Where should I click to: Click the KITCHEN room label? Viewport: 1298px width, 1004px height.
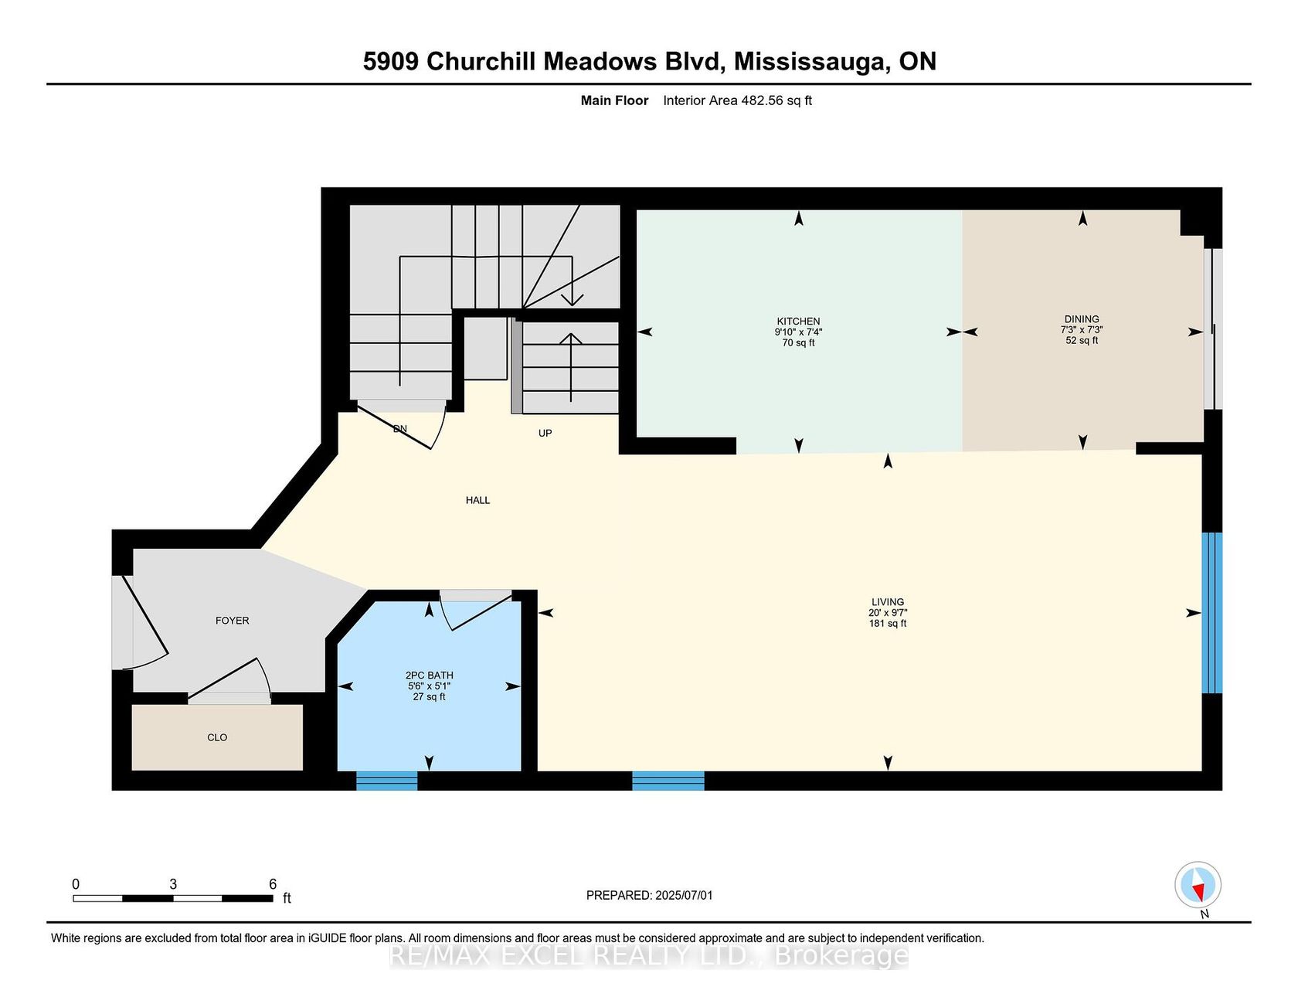(798, 322)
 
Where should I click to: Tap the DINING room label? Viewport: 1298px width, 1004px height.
(1082, 319)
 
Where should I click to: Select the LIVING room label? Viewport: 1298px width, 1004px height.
(888, 602)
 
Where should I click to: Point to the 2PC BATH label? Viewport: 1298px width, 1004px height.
(430, 676)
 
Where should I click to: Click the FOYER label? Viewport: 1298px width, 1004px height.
(233, 621)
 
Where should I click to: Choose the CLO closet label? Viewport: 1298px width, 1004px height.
(217, 737)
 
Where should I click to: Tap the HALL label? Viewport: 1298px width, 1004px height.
(478, 500)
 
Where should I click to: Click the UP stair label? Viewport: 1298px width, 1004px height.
(545, 434)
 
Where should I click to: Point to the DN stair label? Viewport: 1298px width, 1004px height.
(400, 429)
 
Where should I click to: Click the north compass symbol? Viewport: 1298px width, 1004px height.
(1198, 885)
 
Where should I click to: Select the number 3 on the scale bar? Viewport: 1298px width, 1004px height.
(173, 884)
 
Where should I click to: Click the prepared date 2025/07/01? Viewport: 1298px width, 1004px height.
(684, 896)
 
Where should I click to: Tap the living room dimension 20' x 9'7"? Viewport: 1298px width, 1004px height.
(888, 613)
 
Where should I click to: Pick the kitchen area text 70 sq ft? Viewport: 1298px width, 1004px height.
(798, 343)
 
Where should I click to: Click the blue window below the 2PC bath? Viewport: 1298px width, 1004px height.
(387, 781)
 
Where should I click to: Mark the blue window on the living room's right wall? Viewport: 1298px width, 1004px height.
(1212, 613)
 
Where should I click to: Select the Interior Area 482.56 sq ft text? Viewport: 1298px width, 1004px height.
(737, 100)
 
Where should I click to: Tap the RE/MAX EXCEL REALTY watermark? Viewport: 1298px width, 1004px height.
(649, 956)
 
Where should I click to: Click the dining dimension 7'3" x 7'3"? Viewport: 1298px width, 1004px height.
(1082, 330)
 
